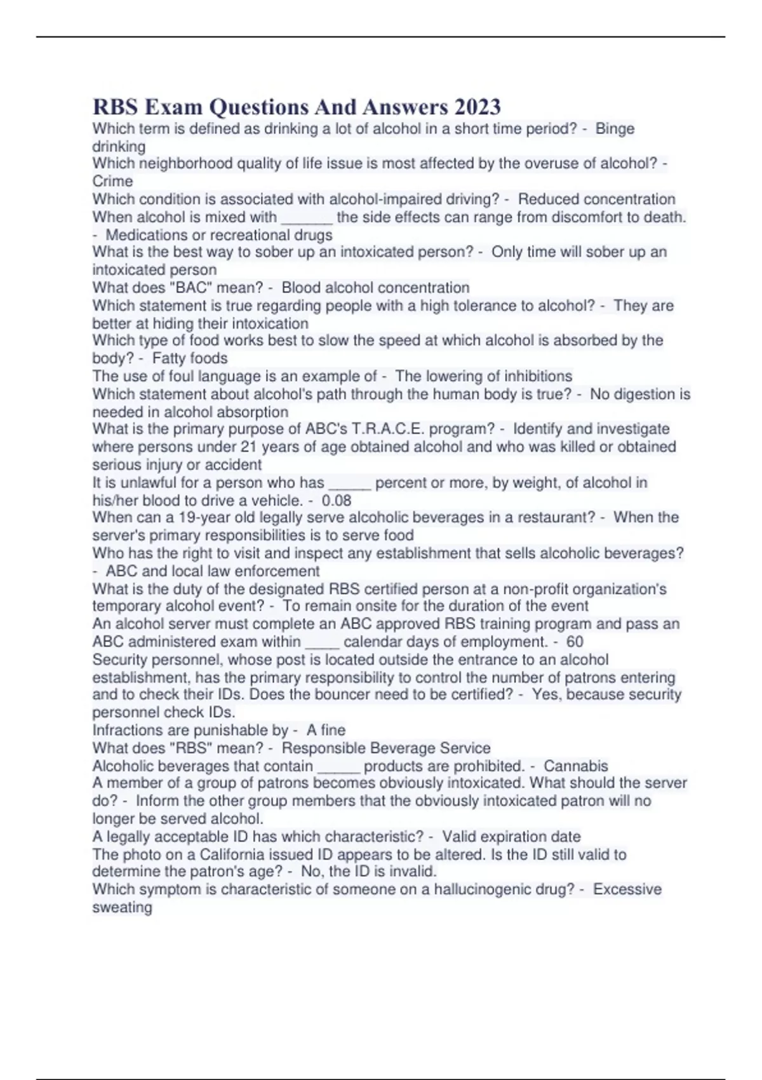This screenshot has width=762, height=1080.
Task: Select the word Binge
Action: [x=615, y=129]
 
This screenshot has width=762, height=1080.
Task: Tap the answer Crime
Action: [x=112, y=182]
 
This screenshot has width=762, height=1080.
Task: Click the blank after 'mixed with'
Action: [x=307, y=217]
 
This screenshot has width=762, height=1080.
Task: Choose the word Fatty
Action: [x=169, y=358]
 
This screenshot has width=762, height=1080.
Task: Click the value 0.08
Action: [x=337, y=500]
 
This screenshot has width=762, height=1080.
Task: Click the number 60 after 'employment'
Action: [x=575, y=642]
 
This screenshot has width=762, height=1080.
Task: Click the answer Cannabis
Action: [x=576, y=766]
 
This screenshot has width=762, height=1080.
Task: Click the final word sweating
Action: [x=122, y=907]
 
